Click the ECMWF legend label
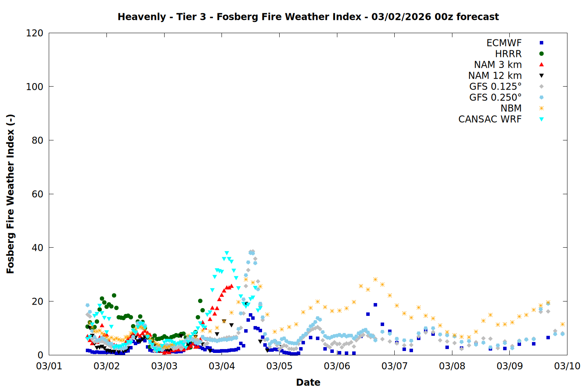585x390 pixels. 504,43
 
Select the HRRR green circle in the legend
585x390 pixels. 541,54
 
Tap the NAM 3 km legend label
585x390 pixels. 498,65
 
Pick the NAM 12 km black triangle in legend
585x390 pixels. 541,76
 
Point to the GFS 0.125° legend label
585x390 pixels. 495,87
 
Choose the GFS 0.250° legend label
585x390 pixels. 495,97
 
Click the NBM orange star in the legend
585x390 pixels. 541,108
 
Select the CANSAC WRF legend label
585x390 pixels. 490,119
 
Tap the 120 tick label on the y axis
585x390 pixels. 35,33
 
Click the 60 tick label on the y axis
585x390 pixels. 37,194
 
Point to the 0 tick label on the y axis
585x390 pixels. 41,355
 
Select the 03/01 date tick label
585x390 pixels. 49,366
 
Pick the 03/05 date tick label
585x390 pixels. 279,366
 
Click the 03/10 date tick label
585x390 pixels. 567,366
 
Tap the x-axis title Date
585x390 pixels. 308,382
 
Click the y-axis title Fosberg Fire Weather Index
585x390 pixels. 11,194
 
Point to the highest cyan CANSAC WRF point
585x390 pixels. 227,253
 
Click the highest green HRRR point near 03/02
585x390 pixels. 114,295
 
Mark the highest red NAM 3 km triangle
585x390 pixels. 231,286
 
